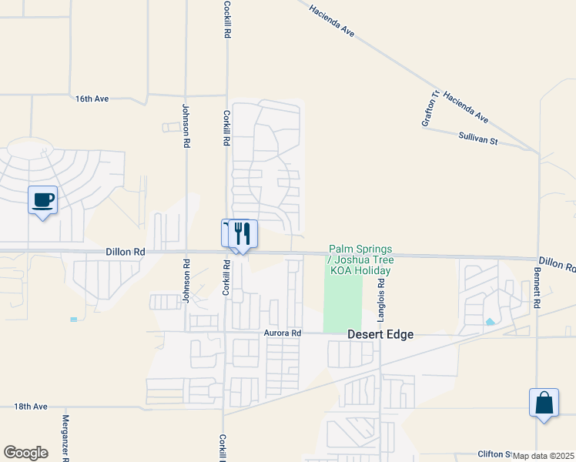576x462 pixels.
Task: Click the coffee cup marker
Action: (x=43, y=201)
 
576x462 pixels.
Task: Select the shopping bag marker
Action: (x=544, y=403)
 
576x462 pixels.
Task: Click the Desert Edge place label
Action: (x=380, y=334)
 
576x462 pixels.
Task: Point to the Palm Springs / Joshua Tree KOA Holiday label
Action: (x=360, y=259)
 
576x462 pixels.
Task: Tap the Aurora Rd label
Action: (x=283, y=333)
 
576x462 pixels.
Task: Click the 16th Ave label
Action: (x=92, y=99)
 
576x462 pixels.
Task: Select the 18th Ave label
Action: (x=31, y=406)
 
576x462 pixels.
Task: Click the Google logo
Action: (x=25, y=452)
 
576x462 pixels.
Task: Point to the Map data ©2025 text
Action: (x=544, y=456)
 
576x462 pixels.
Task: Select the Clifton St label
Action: (x=494, y=454)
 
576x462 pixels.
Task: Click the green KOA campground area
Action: (x=343, y=304)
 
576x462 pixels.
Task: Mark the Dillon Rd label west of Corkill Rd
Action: (x=126, y=252)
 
